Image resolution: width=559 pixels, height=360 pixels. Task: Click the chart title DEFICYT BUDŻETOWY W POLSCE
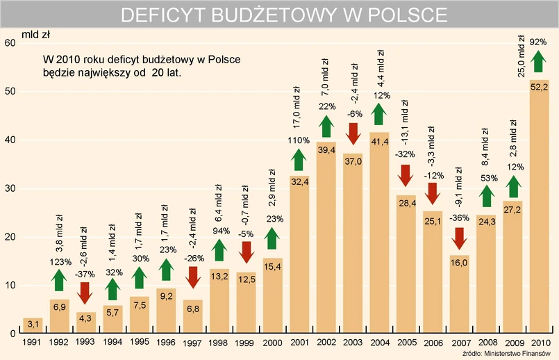[x=283, y=15]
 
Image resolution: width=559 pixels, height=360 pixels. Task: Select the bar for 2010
[x=540, y=208]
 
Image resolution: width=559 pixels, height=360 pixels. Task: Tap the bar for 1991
[x=33, y=325]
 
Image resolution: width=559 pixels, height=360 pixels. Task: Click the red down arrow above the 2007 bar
[x=459, y=238]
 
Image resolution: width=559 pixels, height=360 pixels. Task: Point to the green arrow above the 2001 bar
[x=299, y=159]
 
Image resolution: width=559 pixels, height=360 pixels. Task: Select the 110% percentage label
[x=299, y=140]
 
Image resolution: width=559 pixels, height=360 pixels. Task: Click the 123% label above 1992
[x=59, y=262]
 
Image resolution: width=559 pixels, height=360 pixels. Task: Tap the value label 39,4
[x=326, y=150]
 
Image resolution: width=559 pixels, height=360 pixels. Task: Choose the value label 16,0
[x=459, y=263]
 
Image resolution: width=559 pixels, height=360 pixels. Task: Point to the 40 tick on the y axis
[x=9, y=140]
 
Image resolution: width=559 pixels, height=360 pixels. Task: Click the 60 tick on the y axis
[x=9, y=43]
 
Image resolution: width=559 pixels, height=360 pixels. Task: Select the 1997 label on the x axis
[x=192, y=343]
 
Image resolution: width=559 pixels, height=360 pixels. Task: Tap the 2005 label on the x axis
[x=406, y=343]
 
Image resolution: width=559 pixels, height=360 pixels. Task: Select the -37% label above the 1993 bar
[x=85, y=274]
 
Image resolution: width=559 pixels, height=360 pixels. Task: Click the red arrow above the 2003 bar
[x=353, y=132]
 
